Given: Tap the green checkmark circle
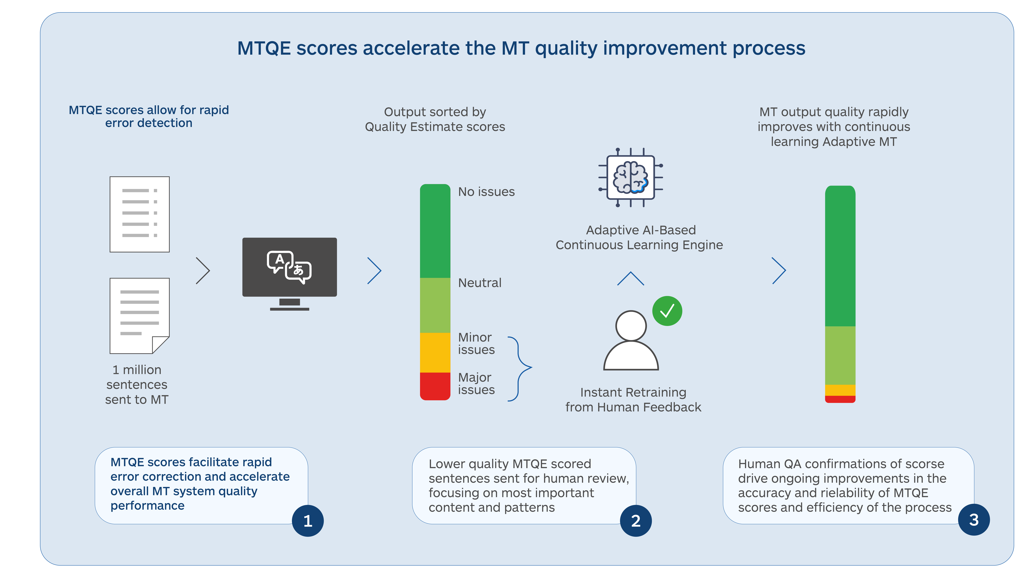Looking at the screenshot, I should pos(667,311).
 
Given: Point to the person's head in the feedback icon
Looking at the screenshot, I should pos(631,325).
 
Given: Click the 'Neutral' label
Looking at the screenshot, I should pos(479,283).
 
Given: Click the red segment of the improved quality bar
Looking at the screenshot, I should pos(840,399).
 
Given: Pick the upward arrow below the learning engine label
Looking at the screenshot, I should pos(631,278).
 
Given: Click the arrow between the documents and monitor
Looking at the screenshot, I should pos(203,271).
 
